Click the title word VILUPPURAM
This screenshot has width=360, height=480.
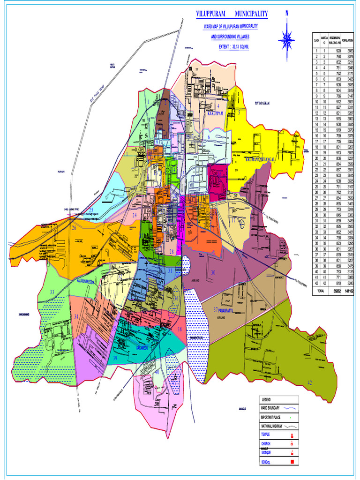[x=213, y=15]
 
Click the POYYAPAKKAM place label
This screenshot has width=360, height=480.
[x=263, y=103]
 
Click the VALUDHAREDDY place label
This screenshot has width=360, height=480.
[x=86, y=281]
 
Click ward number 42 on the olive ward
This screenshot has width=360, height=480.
[x=310, y=383]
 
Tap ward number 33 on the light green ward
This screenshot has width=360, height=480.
[x=52, y=292]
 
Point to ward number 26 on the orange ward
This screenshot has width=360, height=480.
[x=74, y=228]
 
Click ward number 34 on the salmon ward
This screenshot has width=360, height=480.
[x=76, y=317]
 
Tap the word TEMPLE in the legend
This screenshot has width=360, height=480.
[x=266, y=435]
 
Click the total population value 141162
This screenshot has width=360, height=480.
[x=348, y=291]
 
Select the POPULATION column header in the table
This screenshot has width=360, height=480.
[x=348, y=40]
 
